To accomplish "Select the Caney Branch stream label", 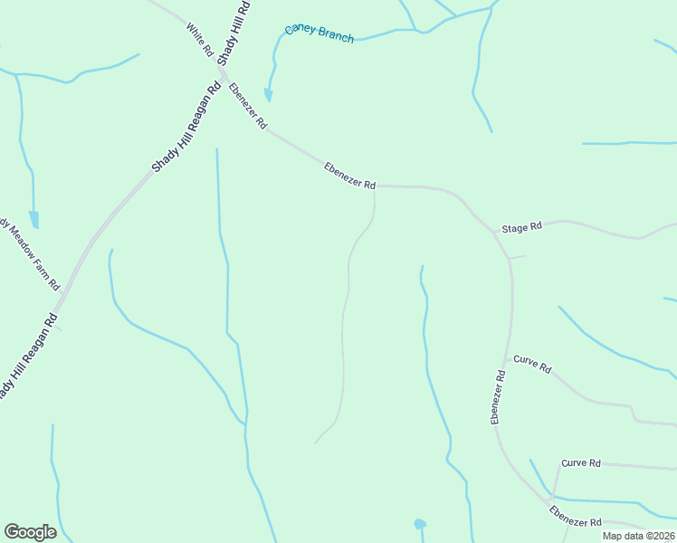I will [x=319, y=33].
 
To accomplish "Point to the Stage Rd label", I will [x=522, y=226].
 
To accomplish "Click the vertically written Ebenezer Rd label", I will [x=498, y=396].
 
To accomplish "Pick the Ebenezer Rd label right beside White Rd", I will [x=247, y=105].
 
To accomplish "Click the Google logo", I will [x=30, y=532].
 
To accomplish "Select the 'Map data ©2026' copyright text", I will [x=637, y=536].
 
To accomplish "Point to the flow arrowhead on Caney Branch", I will [x=268, y=95].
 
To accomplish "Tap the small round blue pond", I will [x=420, y=524].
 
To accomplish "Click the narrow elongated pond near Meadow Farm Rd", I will [x=34, y=219].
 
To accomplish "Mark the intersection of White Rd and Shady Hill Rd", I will [x=220, y=65].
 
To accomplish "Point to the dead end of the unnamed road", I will [x=315, y=443].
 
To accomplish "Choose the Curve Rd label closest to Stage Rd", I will [x=532, y=364].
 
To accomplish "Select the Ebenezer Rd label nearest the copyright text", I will [x=576, y=517].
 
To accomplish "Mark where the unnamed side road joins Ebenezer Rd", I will [x=375, y=187].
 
